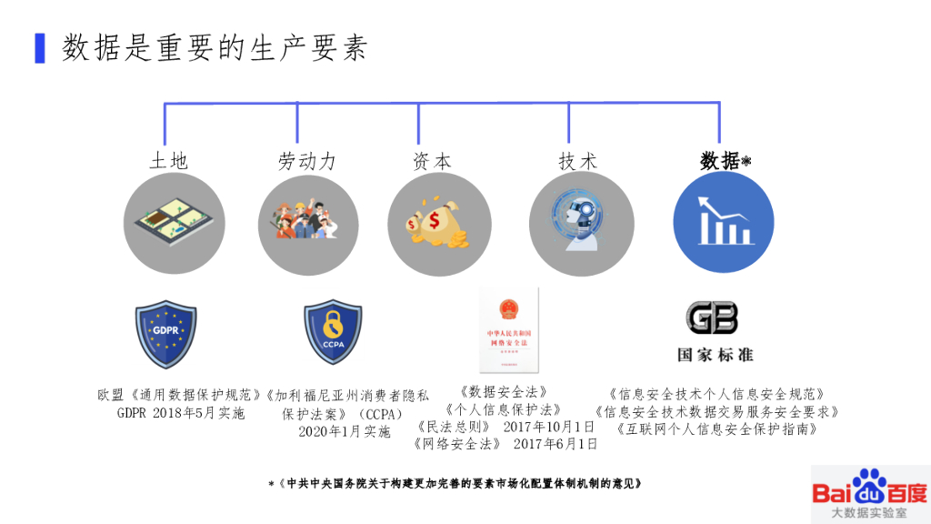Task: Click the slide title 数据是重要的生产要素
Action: coord(215,48)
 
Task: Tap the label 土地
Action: coord(168,162)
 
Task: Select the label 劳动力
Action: coord(306,162)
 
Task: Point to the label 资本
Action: coord(432,162)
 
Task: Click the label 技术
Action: coord(577,162)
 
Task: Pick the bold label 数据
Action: coord(720,161)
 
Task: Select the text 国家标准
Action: coord(715,354)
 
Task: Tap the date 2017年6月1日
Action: coord(556,444)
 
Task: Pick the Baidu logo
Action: coord(869,492)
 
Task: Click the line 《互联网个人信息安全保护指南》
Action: coord(716,428)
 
